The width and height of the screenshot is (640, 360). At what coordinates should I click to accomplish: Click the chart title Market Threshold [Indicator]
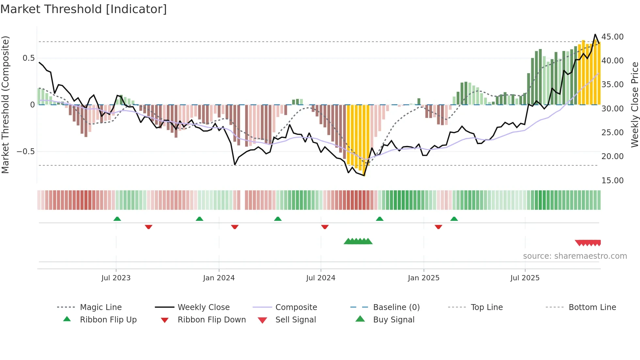coord(84,9)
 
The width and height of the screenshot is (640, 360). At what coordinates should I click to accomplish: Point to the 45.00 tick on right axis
coord(612,37)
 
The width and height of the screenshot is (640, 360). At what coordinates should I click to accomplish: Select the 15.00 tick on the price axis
coord(612,181)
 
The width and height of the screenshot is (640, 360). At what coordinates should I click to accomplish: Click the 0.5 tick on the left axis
coord(28,58)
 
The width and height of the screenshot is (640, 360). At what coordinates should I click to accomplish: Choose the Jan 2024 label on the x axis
coord(219,278)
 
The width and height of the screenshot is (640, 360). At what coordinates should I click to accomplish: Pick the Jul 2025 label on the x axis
coord(525,278)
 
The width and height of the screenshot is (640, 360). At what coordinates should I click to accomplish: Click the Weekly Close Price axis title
coord(634,105)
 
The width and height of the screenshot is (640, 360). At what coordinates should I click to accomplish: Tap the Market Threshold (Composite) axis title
coord(5,105)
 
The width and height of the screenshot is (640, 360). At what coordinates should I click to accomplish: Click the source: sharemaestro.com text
coord(575,256)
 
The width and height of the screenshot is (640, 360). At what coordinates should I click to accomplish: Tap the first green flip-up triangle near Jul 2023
coord(117,219)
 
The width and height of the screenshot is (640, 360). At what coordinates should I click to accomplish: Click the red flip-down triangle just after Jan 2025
coord(438,227)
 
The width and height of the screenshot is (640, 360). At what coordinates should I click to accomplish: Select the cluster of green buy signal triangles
coord(358,241)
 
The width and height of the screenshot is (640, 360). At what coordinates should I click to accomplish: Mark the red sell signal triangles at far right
coord(588,243)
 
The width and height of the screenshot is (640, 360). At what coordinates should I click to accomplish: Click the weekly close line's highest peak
coord(595,35)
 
